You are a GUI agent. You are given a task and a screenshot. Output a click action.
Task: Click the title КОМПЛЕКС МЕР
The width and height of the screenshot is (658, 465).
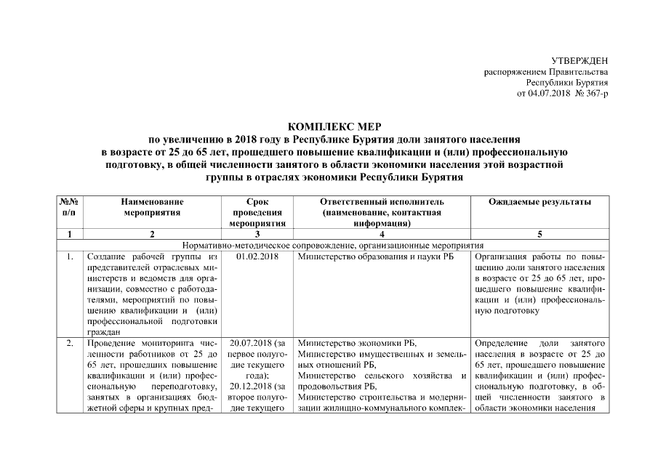pos(329,126)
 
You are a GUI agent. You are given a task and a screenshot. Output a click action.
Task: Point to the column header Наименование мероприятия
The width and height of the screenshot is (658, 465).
pos(152,207)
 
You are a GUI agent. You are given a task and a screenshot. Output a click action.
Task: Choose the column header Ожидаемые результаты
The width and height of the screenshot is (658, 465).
pos(539,201)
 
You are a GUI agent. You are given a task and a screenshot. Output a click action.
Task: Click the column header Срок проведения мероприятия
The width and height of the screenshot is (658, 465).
pos(257,212)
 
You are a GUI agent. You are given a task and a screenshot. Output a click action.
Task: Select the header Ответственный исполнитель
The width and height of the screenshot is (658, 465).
pos(381,201)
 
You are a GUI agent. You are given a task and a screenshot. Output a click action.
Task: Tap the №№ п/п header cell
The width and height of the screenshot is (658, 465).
pos(69,207)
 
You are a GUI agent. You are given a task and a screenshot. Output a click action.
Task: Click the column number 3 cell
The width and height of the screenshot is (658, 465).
pos(257,234)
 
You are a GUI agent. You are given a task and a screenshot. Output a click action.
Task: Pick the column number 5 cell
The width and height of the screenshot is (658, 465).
pos(539,234)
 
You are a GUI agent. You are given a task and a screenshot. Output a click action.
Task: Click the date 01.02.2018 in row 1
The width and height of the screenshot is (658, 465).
pos(257,256)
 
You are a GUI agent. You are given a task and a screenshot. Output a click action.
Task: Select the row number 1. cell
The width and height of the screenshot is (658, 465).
pos(69,256)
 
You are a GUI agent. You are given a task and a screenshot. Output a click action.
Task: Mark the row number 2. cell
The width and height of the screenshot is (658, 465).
pos(69,342)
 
